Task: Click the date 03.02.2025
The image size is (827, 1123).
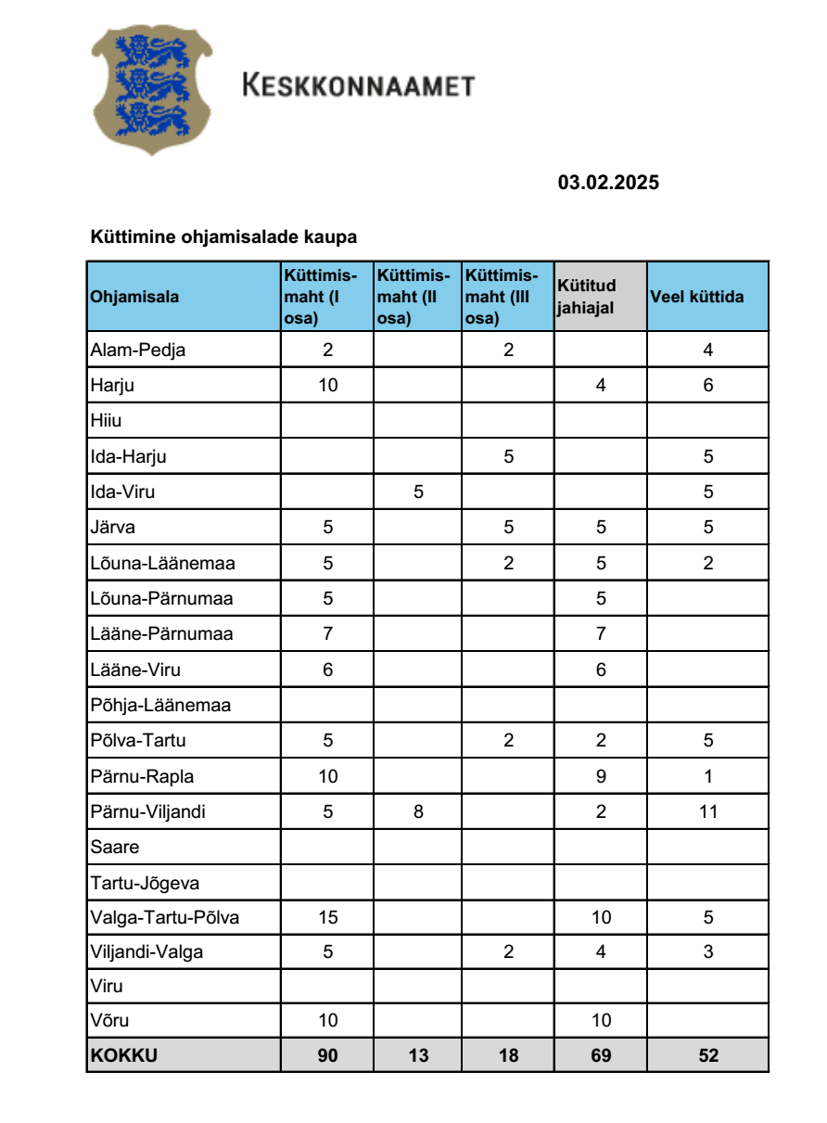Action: coord(608,183)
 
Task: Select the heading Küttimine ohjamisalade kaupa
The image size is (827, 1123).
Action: coord(223,237)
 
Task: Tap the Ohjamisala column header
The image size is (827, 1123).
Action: coord(135,297)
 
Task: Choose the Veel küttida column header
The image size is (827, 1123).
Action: coord(697,297)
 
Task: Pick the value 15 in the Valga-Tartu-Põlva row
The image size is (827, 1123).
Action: coord(327,918)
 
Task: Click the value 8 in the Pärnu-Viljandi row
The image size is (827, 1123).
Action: coord(418,811)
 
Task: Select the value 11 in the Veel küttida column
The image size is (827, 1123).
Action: coord(708,811)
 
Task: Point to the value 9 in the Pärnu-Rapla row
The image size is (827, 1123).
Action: coord(601,776)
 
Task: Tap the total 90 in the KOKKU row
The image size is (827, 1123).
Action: coord(327,1054)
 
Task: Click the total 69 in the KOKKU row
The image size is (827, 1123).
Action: coord(601,1054)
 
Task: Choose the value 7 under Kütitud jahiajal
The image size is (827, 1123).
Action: coord(601,634)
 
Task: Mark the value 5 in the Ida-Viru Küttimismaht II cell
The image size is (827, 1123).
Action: coord(418,492)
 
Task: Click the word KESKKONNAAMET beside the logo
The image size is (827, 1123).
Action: coord(358,86)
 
